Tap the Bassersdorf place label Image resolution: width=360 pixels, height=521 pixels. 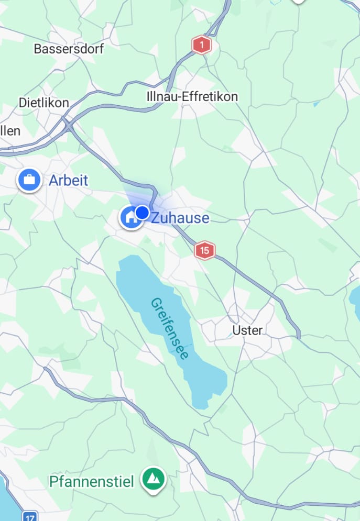pos(69,49)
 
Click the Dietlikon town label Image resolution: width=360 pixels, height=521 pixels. pos(44,103)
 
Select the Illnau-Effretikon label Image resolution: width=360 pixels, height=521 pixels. pos(192,97)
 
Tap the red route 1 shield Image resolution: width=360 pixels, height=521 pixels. pos(201,45)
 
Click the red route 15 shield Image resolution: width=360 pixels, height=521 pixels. pos(204,250)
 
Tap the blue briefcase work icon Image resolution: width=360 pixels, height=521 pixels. pos(29,181)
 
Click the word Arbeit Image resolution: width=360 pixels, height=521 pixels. pos(69,181)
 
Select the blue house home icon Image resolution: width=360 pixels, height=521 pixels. pos(130,217)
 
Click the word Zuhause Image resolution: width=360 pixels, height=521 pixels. pos(180,218)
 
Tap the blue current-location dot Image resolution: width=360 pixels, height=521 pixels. pos(143,212)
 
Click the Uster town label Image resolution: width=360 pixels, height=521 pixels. pos(247,330)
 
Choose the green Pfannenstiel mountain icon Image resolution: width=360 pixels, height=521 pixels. pos(154,479)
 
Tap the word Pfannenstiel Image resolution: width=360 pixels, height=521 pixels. pos(92,481)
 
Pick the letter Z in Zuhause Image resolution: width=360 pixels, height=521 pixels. pos(156,218)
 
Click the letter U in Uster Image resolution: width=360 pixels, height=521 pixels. pos(236,330)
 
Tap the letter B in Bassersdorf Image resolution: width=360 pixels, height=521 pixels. pos(38,49)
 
